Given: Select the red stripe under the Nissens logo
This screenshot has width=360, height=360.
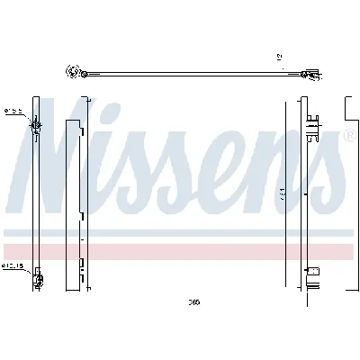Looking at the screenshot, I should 180,251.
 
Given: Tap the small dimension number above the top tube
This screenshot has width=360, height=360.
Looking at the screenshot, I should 279,58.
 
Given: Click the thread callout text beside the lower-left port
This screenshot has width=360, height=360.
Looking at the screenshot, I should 13,266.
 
